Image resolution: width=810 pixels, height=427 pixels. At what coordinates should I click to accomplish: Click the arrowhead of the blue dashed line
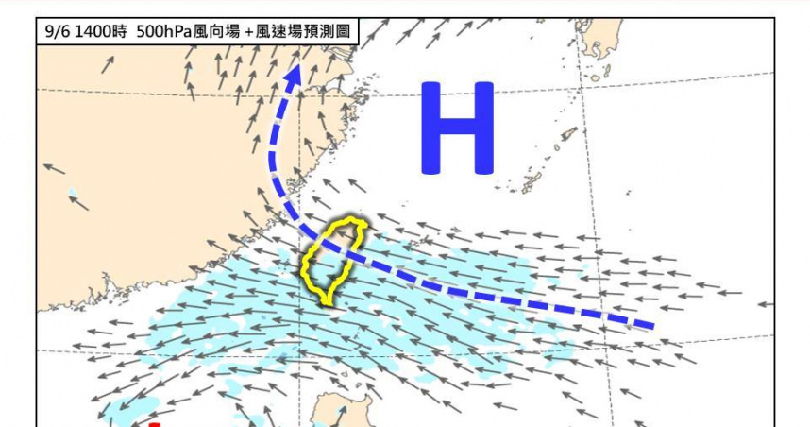[x=295, y=68]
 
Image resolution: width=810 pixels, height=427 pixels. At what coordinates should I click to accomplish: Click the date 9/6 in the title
[x=59, y=31]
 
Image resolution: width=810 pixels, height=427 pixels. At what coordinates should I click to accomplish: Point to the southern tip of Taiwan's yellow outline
[x=327, y=303]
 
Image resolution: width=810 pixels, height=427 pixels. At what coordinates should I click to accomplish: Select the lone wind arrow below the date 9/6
[x=107, y=65]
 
